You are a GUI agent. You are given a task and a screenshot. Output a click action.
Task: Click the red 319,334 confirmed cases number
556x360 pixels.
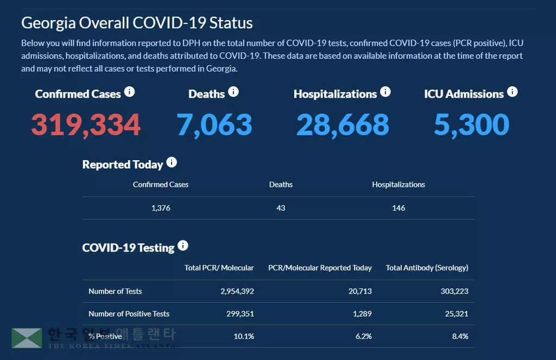86,124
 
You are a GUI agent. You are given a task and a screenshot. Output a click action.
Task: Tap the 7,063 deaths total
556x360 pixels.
214,124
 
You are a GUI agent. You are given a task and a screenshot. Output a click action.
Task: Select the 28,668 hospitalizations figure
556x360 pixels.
343,124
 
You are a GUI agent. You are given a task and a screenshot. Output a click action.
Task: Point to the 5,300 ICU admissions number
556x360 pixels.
471,124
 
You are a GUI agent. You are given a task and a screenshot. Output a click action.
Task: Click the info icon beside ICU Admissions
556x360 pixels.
512,92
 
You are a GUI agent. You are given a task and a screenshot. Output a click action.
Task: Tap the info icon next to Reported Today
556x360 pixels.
172,162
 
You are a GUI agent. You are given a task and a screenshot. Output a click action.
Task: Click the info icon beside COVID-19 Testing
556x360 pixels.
183,245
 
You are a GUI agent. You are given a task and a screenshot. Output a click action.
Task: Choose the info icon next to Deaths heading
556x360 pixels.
233,92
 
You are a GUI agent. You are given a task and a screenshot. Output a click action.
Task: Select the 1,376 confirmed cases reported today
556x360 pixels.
161,208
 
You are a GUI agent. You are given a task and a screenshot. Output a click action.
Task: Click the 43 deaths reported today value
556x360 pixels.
281,208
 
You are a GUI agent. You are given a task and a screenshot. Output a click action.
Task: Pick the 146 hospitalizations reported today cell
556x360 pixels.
399,208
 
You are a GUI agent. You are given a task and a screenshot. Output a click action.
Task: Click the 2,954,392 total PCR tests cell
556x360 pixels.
237,291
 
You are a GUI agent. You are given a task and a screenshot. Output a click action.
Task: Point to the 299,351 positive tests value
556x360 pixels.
240,314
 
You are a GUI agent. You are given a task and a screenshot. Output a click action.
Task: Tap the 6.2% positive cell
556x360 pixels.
363,337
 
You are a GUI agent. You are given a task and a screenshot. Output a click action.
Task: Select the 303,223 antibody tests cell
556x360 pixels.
454,291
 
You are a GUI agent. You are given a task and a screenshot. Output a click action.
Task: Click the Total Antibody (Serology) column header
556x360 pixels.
427,268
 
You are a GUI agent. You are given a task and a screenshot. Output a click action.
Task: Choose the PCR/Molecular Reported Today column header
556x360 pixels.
320,268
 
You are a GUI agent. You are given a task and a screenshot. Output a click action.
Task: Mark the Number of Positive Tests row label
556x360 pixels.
129,314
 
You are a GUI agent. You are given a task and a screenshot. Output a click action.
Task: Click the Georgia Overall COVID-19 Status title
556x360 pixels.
137,23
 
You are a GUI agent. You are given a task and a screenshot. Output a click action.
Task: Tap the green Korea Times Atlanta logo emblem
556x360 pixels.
27,338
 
